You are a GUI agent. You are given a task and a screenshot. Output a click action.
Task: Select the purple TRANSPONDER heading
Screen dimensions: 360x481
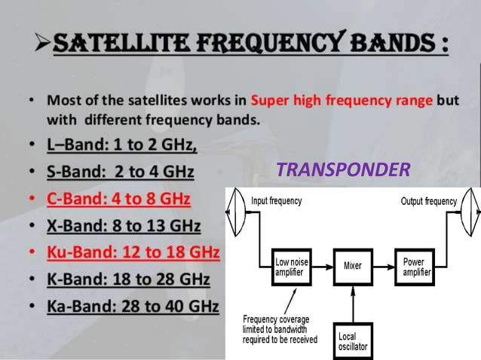[343, 170]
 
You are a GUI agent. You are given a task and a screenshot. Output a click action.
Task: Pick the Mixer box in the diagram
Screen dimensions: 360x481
[352, 267]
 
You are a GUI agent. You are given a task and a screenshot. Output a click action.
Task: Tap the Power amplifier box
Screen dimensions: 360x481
[417, 267]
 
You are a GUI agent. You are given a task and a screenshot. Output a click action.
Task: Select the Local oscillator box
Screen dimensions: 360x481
[352, 340]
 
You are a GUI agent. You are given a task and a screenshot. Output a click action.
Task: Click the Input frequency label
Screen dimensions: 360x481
[276, 201]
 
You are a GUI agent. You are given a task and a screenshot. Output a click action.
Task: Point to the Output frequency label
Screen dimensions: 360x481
[429, 201]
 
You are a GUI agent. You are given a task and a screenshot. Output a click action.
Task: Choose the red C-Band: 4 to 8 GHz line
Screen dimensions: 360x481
[119, 200]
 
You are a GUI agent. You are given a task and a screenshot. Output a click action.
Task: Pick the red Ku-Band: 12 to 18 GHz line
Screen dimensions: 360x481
[133, 251]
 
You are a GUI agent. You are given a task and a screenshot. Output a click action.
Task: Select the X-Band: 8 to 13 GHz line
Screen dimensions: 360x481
[124, 225]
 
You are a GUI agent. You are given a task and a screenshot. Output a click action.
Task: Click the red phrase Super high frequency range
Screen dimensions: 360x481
[342, 99]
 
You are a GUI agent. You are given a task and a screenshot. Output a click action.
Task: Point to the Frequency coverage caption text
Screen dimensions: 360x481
[280, 329]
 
